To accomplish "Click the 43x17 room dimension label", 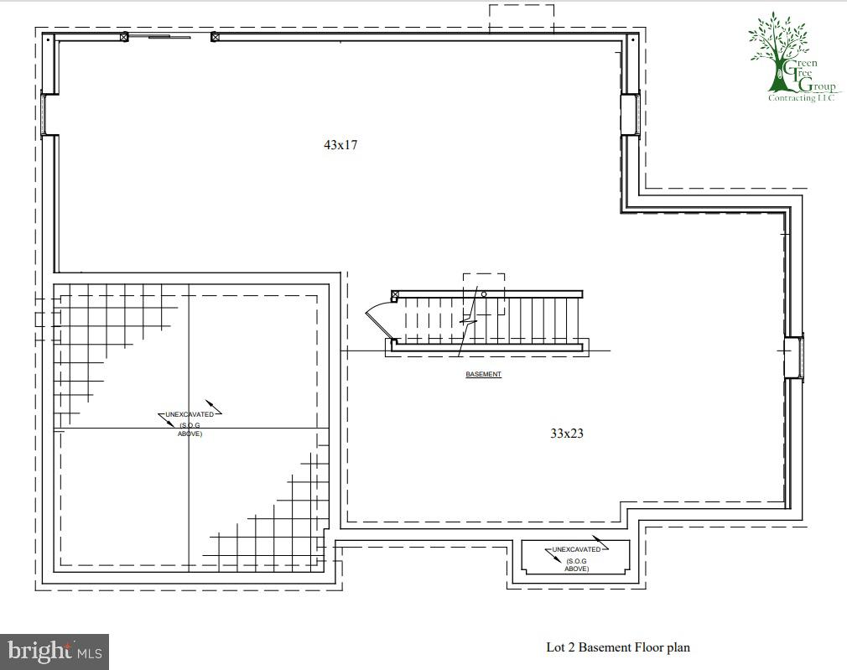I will click(x=340, y=145).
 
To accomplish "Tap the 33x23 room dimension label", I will click(x=566, y=434).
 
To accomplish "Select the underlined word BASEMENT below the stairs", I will click(x=483, y=374).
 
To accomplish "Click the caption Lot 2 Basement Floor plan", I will click(x=618, y=647).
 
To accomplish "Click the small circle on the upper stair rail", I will click(x=484, y=294).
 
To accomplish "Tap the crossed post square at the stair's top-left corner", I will click(x=395, y=293).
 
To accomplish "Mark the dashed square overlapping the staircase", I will click(x=484, y=293).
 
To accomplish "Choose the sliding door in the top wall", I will click(x=169, y=37).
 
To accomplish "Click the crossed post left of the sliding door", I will click(x=124, y=37).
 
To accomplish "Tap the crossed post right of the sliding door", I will click(x=215, y=37).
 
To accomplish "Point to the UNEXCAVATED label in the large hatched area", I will click(x=190, y=414).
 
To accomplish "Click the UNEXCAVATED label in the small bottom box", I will click(x=576, y=550).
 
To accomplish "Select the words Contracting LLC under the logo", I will click(x=803, y=98).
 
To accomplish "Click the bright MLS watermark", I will click(x=55, y=651).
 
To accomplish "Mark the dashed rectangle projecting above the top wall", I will click(x=521, y=18).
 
